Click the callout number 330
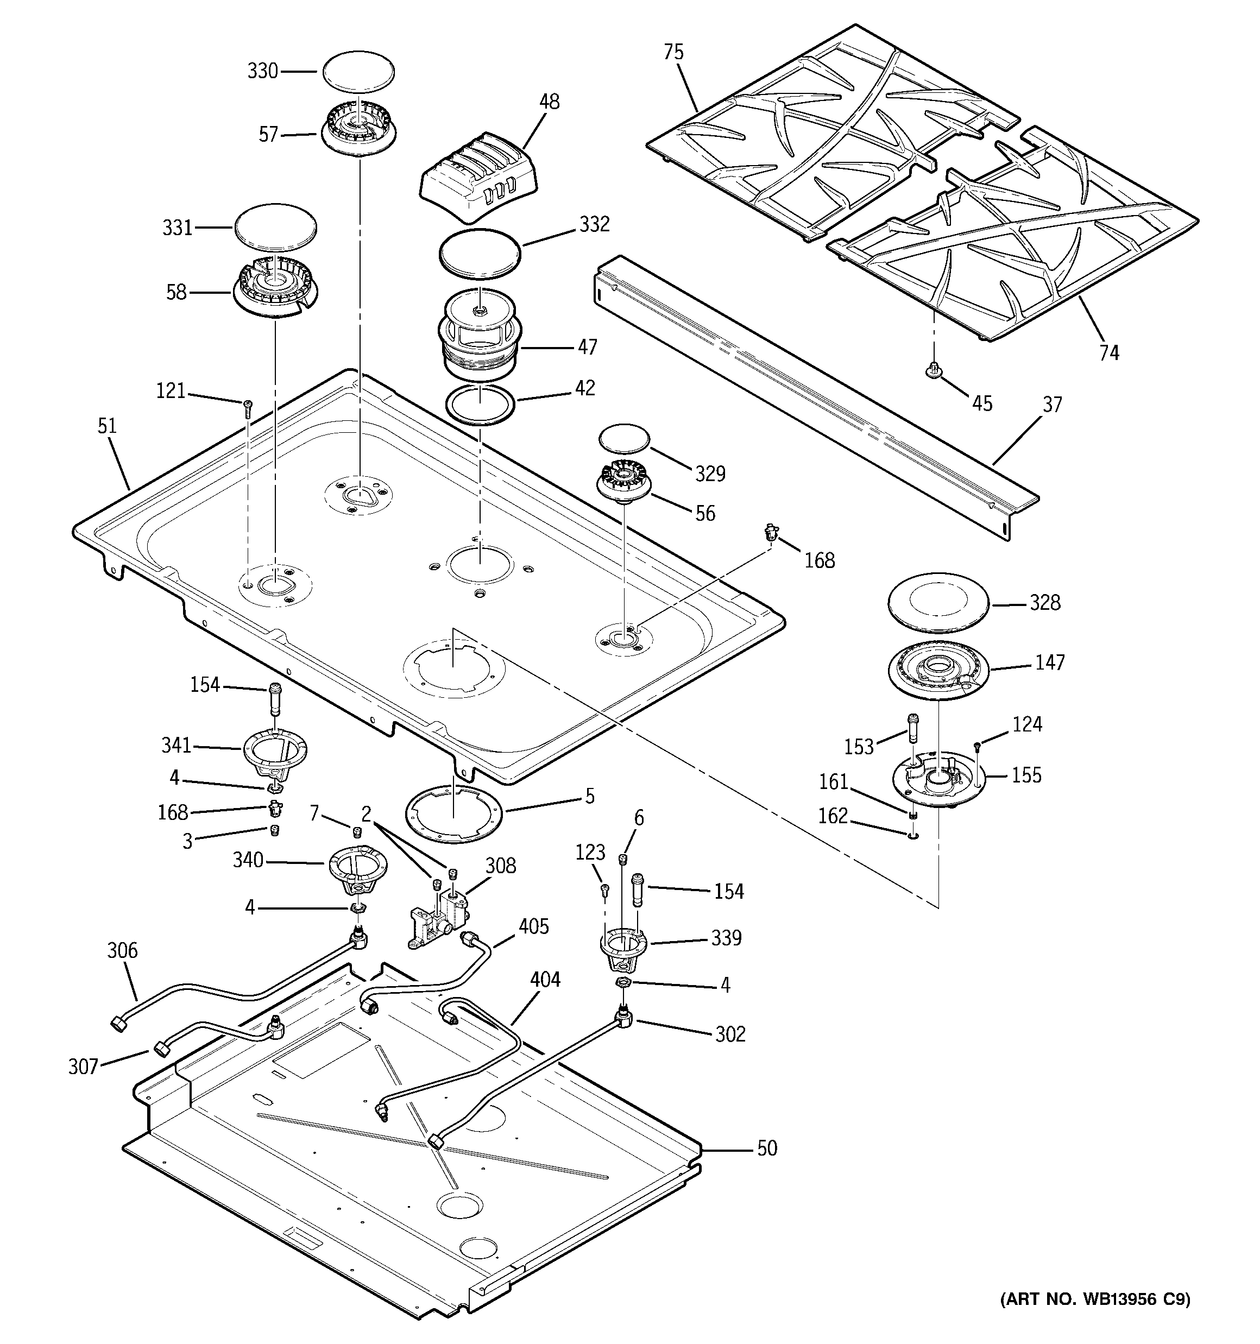coord(262,71)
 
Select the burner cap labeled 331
coord(276,229)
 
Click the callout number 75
coord(673,52)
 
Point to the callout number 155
coord(1026,775)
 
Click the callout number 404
coord(544,980)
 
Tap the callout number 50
coord(766,1148)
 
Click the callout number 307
coord(83,1067)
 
